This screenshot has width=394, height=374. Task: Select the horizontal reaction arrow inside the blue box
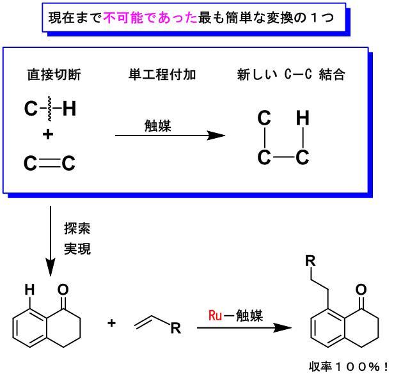coord(169,136)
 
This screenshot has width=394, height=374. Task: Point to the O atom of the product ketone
coord(361,290)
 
